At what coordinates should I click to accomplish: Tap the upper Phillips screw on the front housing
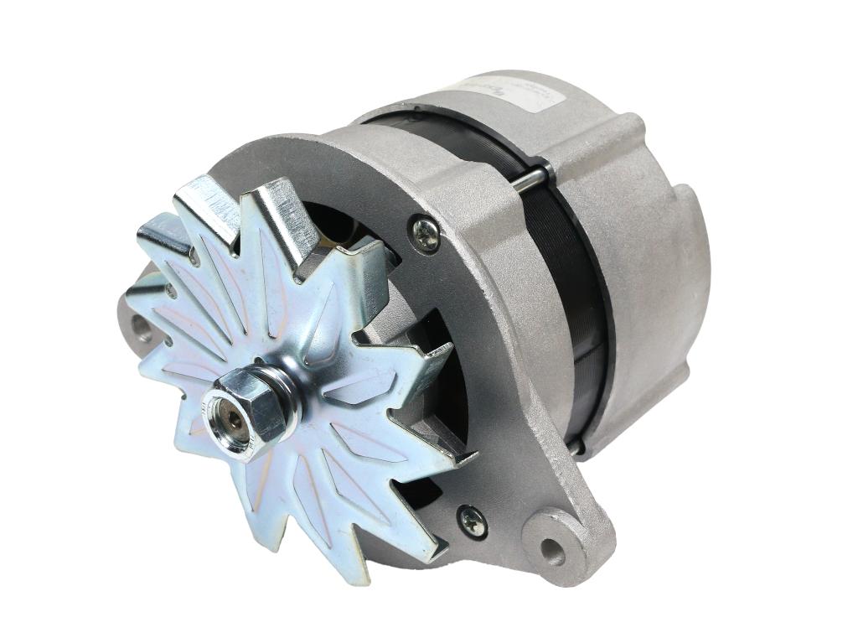[x=426, y=235]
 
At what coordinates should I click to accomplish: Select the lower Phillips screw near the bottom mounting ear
[x=473, y=521]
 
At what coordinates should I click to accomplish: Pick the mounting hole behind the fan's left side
[x=141, y=328]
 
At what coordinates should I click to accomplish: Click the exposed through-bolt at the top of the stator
[x=530, y=179]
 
